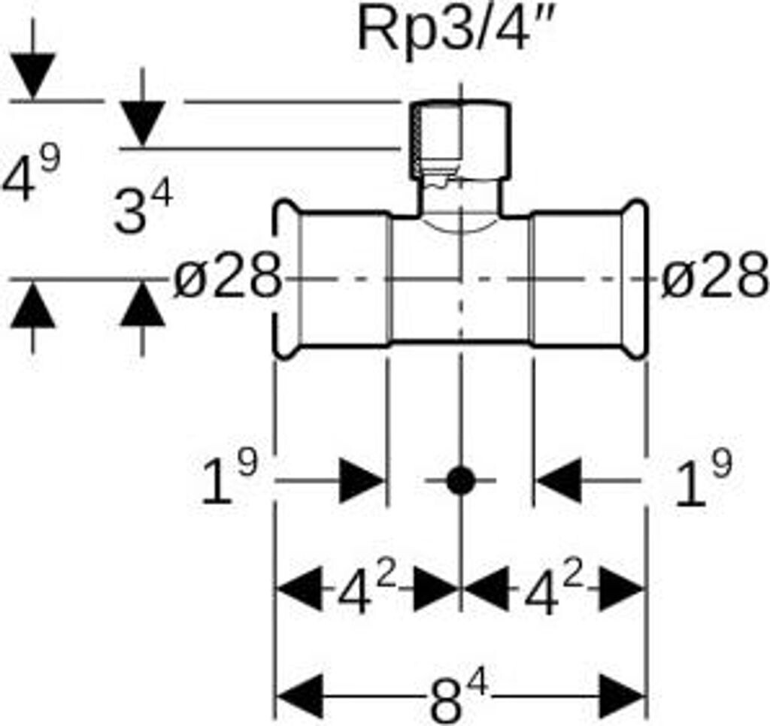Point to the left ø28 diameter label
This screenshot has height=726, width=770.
point(227,278)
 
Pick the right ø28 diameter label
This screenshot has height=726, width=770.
point(715,278)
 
